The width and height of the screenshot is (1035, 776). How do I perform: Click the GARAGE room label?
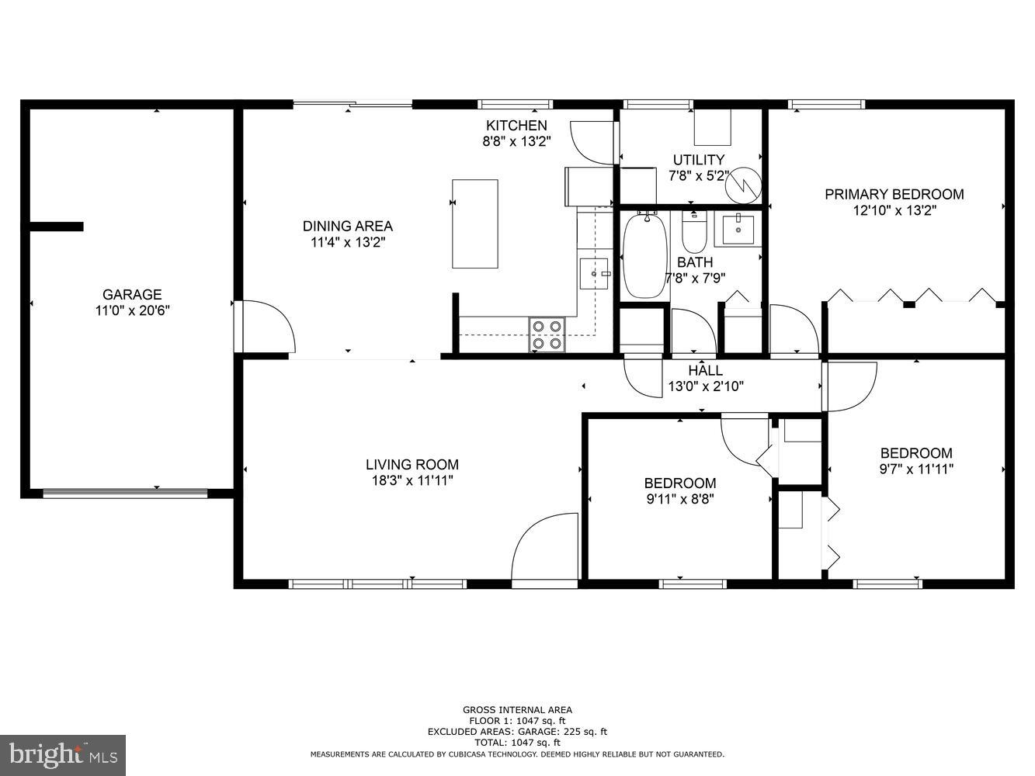(x=132, y=294)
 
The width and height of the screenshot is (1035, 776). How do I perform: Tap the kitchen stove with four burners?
(x=547, y=334)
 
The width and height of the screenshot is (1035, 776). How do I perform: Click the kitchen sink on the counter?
(x=594, y=273)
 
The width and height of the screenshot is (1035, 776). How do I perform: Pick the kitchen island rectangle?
(x=475, y=224)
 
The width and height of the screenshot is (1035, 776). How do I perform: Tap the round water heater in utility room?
(x=745, y=185)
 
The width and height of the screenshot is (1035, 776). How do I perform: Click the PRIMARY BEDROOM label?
(x=894, y=194)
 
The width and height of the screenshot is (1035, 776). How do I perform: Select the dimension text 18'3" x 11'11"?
(x=412, y=480)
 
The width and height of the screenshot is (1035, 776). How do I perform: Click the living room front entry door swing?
(x=544, y=548)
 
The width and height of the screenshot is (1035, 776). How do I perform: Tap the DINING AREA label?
(x=347, y=226)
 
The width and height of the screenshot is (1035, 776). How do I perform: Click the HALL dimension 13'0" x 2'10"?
(x=705, y=386)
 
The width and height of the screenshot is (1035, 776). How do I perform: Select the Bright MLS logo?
(x=63, y=754)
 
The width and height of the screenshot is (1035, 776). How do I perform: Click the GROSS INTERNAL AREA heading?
(x=517, y=709)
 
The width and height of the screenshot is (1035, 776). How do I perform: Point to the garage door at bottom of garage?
(x=125, y=493)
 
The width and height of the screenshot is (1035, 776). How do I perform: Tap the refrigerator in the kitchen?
(x=581, y=186)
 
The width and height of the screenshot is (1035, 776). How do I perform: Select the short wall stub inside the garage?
(x=56, y=227)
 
